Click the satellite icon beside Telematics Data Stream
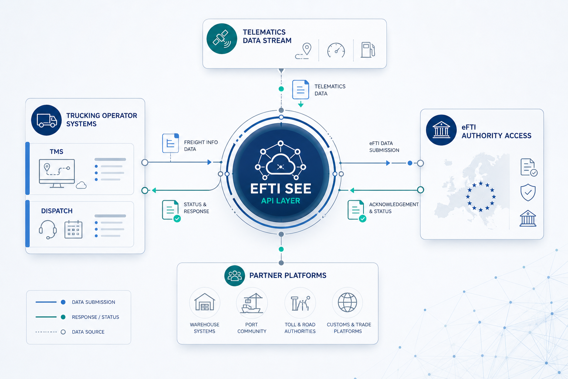pos(222,38)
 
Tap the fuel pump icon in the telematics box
pos(368,50)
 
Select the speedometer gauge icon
pos(336,50)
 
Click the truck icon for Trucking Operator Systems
pos(46,120)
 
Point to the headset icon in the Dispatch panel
pos(48,229)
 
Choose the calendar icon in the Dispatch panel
pos(73,229)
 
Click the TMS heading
pos(56,151)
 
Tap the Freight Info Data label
pos(201,146)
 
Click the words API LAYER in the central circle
pos(281,201)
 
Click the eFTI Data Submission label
pos(384,147)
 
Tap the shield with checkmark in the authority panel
pos(528,192)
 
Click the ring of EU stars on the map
pos(480,197)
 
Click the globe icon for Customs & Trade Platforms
pos(347,302)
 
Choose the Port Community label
pos(252,328)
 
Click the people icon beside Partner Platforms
pos(234,276)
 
